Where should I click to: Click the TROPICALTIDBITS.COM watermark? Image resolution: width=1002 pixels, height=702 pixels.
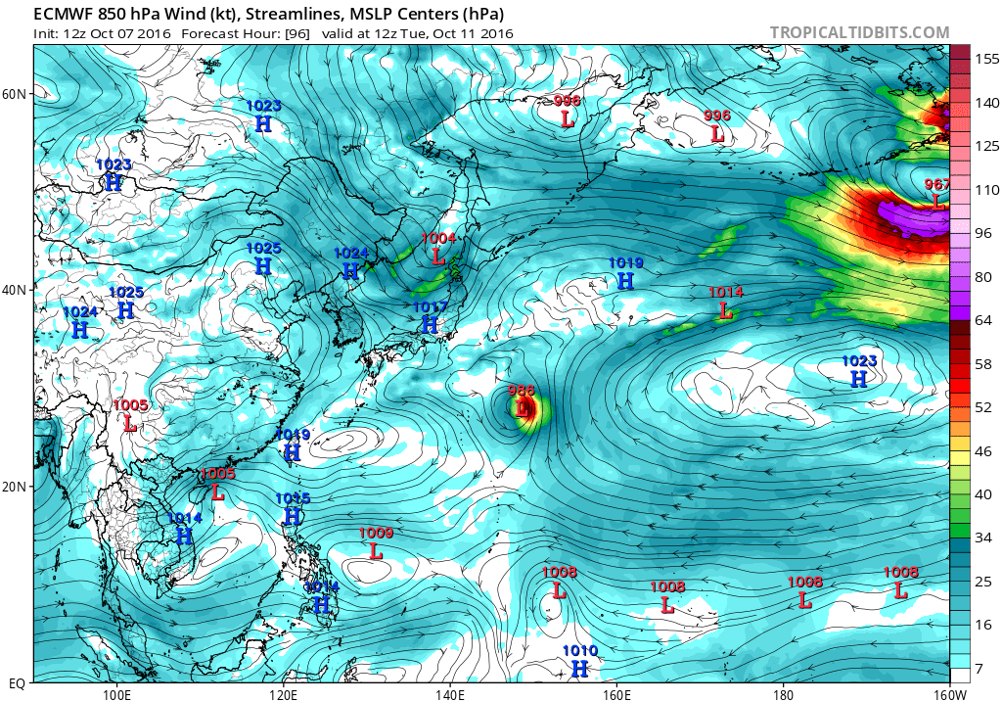tap(859, 32)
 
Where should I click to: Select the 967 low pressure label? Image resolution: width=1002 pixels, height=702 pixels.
tap(936, 184)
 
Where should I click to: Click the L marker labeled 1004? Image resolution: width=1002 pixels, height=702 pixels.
tap(438, 257)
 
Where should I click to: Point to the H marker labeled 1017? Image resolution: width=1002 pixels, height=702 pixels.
tap(430, 325)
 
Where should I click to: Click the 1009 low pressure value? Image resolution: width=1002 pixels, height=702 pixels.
tap(376, 533)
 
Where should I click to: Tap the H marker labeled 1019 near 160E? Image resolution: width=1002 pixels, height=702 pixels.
tap(626, 281)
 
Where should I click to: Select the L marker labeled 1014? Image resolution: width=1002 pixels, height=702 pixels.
tap(725, 310)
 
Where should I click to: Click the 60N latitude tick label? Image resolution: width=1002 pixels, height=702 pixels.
tap(15, 94)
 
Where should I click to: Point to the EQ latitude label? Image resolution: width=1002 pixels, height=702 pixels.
tap(15, 681)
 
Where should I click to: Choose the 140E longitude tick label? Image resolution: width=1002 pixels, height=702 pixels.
tap(449, 695)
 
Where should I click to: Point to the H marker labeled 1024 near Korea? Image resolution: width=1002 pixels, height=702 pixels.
tap(350, 271)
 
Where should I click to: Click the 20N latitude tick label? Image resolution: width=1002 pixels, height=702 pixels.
tap(15, 487)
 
